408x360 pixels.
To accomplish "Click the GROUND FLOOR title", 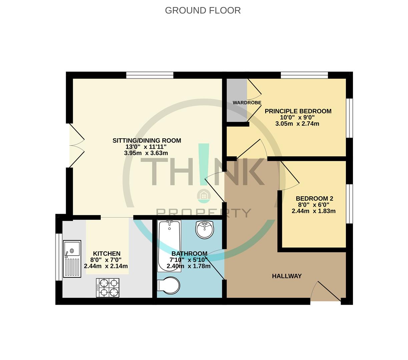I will click(203, 10).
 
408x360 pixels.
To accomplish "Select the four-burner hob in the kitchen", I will click(108, 288).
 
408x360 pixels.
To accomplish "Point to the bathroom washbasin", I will click(205, 229).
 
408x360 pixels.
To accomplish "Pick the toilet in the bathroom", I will click(169, 286).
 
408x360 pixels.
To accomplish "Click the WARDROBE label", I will click(247, 103).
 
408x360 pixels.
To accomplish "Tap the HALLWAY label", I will click(287, 276).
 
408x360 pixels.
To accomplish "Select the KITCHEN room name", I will click(107, 254).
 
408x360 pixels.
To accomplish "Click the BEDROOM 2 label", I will click(314, 199).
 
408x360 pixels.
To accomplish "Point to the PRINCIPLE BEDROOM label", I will click(298, 111).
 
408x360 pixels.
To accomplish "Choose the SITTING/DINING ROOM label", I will click(147, 141).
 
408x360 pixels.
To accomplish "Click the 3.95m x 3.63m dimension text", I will click(146, 153).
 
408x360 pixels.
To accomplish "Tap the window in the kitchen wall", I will click(59, 257).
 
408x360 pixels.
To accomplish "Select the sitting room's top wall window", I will click(150, 75).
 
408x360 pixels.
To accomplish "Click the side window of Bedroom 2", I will click(349, 203).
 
